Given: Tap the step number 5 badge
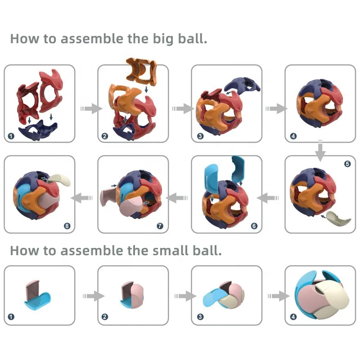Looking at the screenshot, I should pyautogui.click(x=347, y=164).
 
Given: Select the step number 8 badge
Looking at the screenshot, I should pyautogui.click(x=67, y=226).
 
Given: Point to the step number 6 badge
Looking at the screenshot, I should pyautogui.click(x=254, y=226).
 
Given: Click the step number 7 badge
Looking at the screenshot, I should pyautogui.click(x=161, y=226).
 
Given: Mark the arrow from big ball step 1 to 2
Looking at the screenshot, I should pyautogui.click(x=89, y=108).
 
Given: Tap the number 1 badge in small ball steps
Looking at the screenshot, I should pyautogui.click(x=11, y=317).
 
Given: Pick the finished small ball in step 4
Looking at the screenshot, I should pyautogui.click(x=320, y=295).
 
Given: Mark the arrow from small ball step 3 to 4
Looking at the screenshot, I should pyautogui.click(x=276, y=296).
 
